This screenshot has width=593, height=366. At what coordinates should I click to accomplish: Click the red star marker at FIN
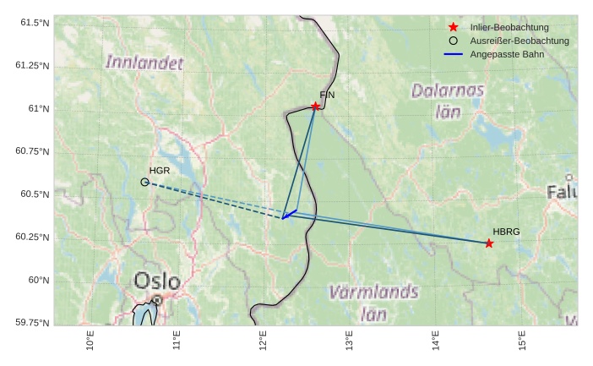pos(315,107)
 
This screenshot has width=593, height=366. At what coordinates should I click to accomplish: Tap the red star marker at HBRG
pos(489,243)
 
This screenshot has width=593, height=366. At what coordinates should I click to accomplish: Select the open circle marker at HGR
pos(144,182)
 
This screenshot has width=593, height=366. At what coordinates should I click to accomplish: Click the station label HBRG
pos(506,232)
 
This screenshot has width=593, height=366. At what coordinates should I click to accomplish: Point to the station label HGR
pos(160,171)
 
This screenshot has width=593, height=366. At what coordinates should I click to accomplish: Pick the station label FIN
pos(327,95)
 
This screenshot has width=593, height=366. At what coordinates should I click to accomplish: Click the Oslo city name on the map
pos(157,281)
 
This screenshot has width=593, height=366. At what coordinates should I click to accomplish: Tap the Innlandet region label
pos(144,62)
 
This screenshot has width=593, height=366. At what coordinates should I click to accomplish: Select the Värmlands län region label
pos(373,303)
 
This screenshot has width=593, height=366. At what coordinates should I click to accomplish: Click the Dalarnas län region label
pos(448,100)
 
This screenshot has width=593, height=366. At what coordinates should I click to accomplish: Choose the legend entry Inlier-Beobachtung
pos(509,28)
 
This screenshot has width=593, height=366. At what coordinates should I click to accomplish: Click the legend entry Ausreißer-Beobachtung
pos(519,41)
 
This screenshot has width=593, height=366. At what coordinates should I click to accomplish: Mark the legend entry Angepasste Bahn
pos(507,54)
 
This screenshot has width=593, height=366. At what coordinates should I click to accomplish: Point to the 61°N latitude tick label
pos(37,109)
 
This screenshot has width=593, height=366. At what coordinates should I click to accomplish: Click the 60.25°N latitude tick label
pos(32,238)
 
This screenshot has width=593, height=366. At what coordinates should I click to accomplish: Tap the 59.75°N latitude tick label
pos(32,323)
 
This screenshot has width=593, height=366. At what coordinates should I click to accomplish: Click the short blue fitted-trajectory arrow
pos(290,214)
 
